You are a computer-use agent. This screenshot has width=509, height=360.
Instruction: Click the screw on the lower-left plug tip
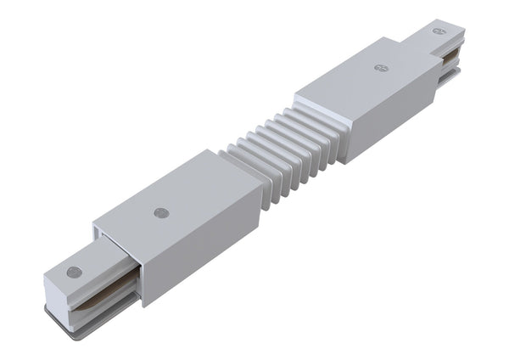click(74, 273)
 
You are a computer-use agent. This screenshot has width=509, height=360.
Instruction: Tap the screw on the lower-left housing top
click(161, 212)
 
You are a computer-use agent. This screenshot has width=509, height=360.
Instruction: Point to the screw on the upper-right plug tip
click(439, 31)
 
